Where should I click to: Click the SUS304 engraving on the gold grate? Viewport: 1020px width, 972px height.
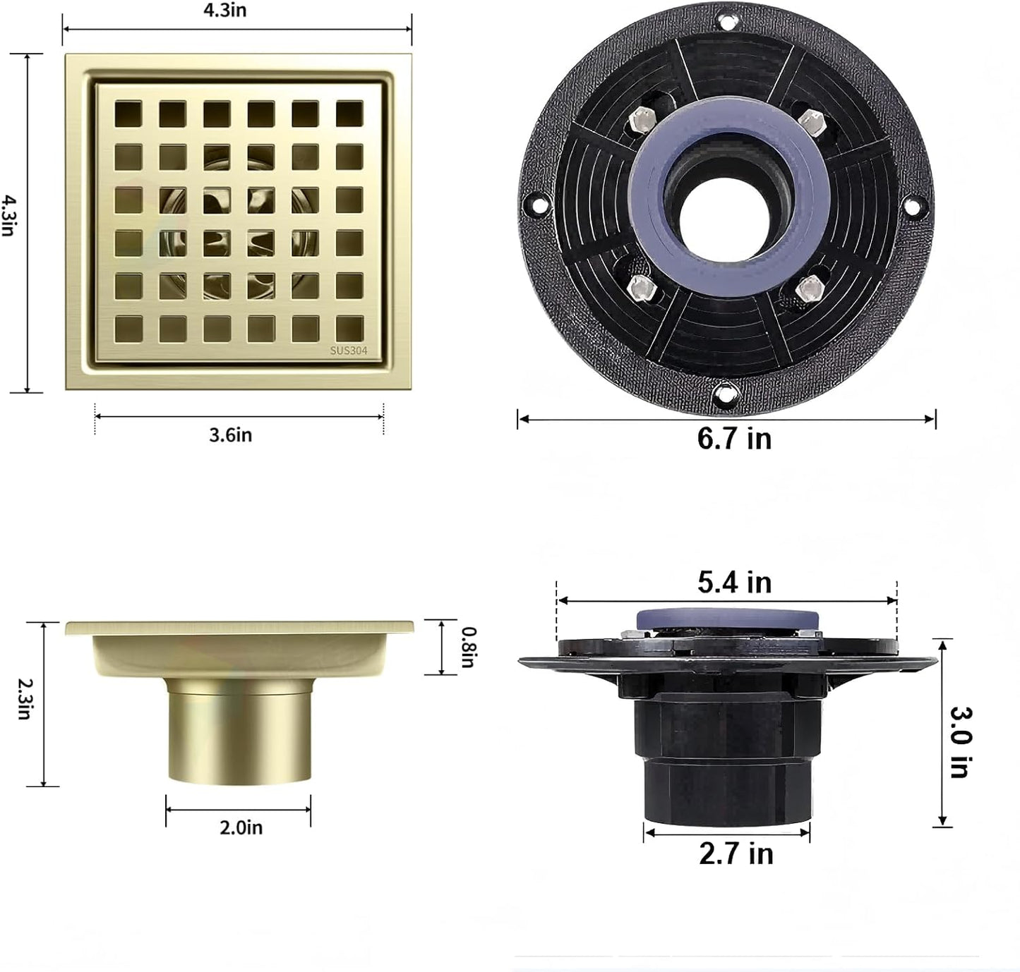click(x=349, y=351)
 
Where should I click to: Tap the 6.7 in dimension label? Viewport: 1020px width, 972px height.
click(x=734, y=439)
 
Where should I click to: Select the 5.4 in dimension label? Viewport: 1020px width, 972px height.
click(x=734, y=582)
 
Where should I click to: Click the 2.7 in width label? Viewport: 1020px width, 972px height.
click(x=736, y=853)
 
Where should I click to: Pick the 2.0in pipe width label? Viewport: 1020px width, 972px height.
click(x=241, y=828)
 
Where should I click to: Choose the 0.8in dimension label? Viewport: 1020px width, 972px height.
click(x=468, y=648)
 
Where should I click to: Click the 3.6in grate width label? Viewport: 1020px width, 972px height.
click(x=230, y=435)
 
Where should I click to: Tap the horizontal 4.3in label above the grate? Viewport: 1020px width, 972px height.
click(x=224, y=11)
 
